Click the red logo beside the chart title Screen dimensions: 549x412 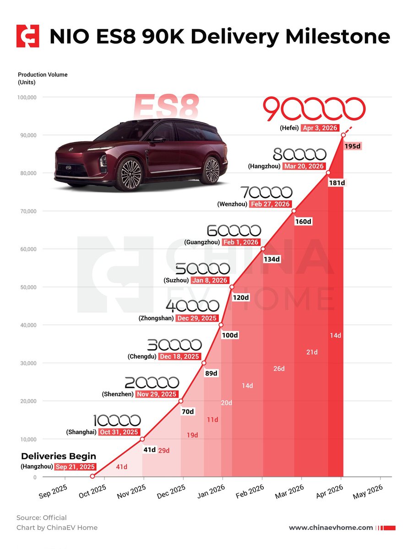tap(28, 36)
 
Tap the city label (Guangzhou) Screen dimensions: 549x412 tap(202, 242)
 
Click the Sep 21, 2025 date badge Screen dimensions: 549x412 tap(75, 467)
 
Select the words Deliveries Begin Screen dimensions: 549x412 tap(59, 456)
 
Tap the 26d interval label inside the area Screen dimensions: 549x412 tap(279, 369)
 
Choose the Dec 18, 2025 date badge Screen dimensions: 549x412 tap(179, 356)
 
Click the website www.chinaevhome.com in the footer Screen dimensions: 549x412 tap(331, 527)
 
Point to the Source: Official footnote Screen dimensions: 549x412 tap(42, 518)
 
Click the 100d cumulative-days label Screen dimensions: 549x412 tap(230, 335)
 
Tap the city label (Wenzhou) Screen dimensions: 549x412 tap(232, 204)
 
